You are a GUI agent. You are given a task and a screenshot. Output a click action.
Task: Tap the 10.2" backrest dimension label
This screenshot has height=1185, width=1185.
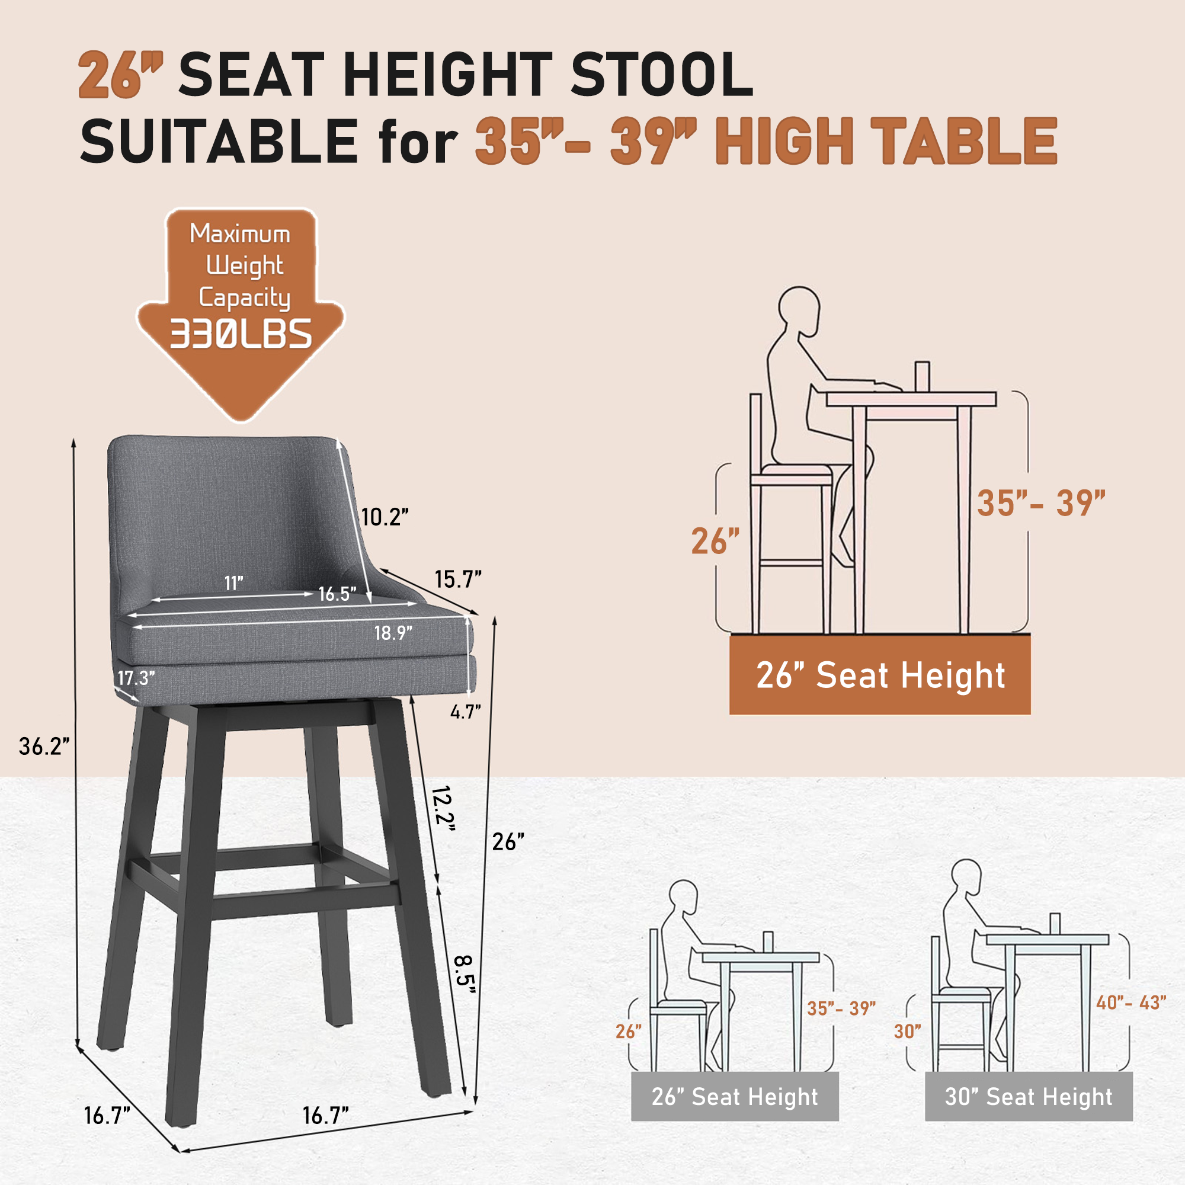click(385, 517)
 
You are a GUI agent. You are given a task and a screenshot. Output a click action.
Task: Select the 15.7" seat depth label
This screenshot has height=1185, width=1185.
click(458, 579)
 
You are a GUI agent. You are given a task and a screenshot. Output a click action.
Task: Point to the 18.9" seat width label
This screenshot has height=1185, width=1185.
click(393, 632)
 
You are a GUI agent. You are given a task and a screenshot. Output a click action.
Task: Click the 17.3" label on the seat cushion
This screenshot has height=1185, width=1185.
click(136, 678)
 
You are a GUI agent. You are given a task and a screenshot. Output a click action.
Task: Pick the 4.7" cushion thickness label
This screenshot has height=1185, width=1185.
click(466, 712)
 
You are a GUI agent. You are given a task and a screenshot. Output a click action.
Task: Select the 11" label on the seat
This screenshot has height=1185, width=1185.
click(233, 582)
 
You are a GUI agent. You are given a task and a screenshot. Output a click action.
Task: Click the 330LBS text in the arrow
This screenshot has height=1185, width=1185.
click(241, 334)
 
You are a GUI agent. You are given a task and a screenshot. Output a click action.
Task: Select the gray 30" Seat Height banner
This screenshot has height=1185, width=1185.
click(1029, 1097)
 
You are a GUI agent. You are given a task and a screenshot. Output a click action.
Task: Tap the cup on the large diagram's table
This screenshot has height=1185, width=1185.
click(922, 376)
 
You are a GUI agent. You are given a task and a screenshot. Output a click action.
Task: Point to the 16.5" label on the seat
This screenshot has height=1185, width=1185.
click(337, 594)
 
